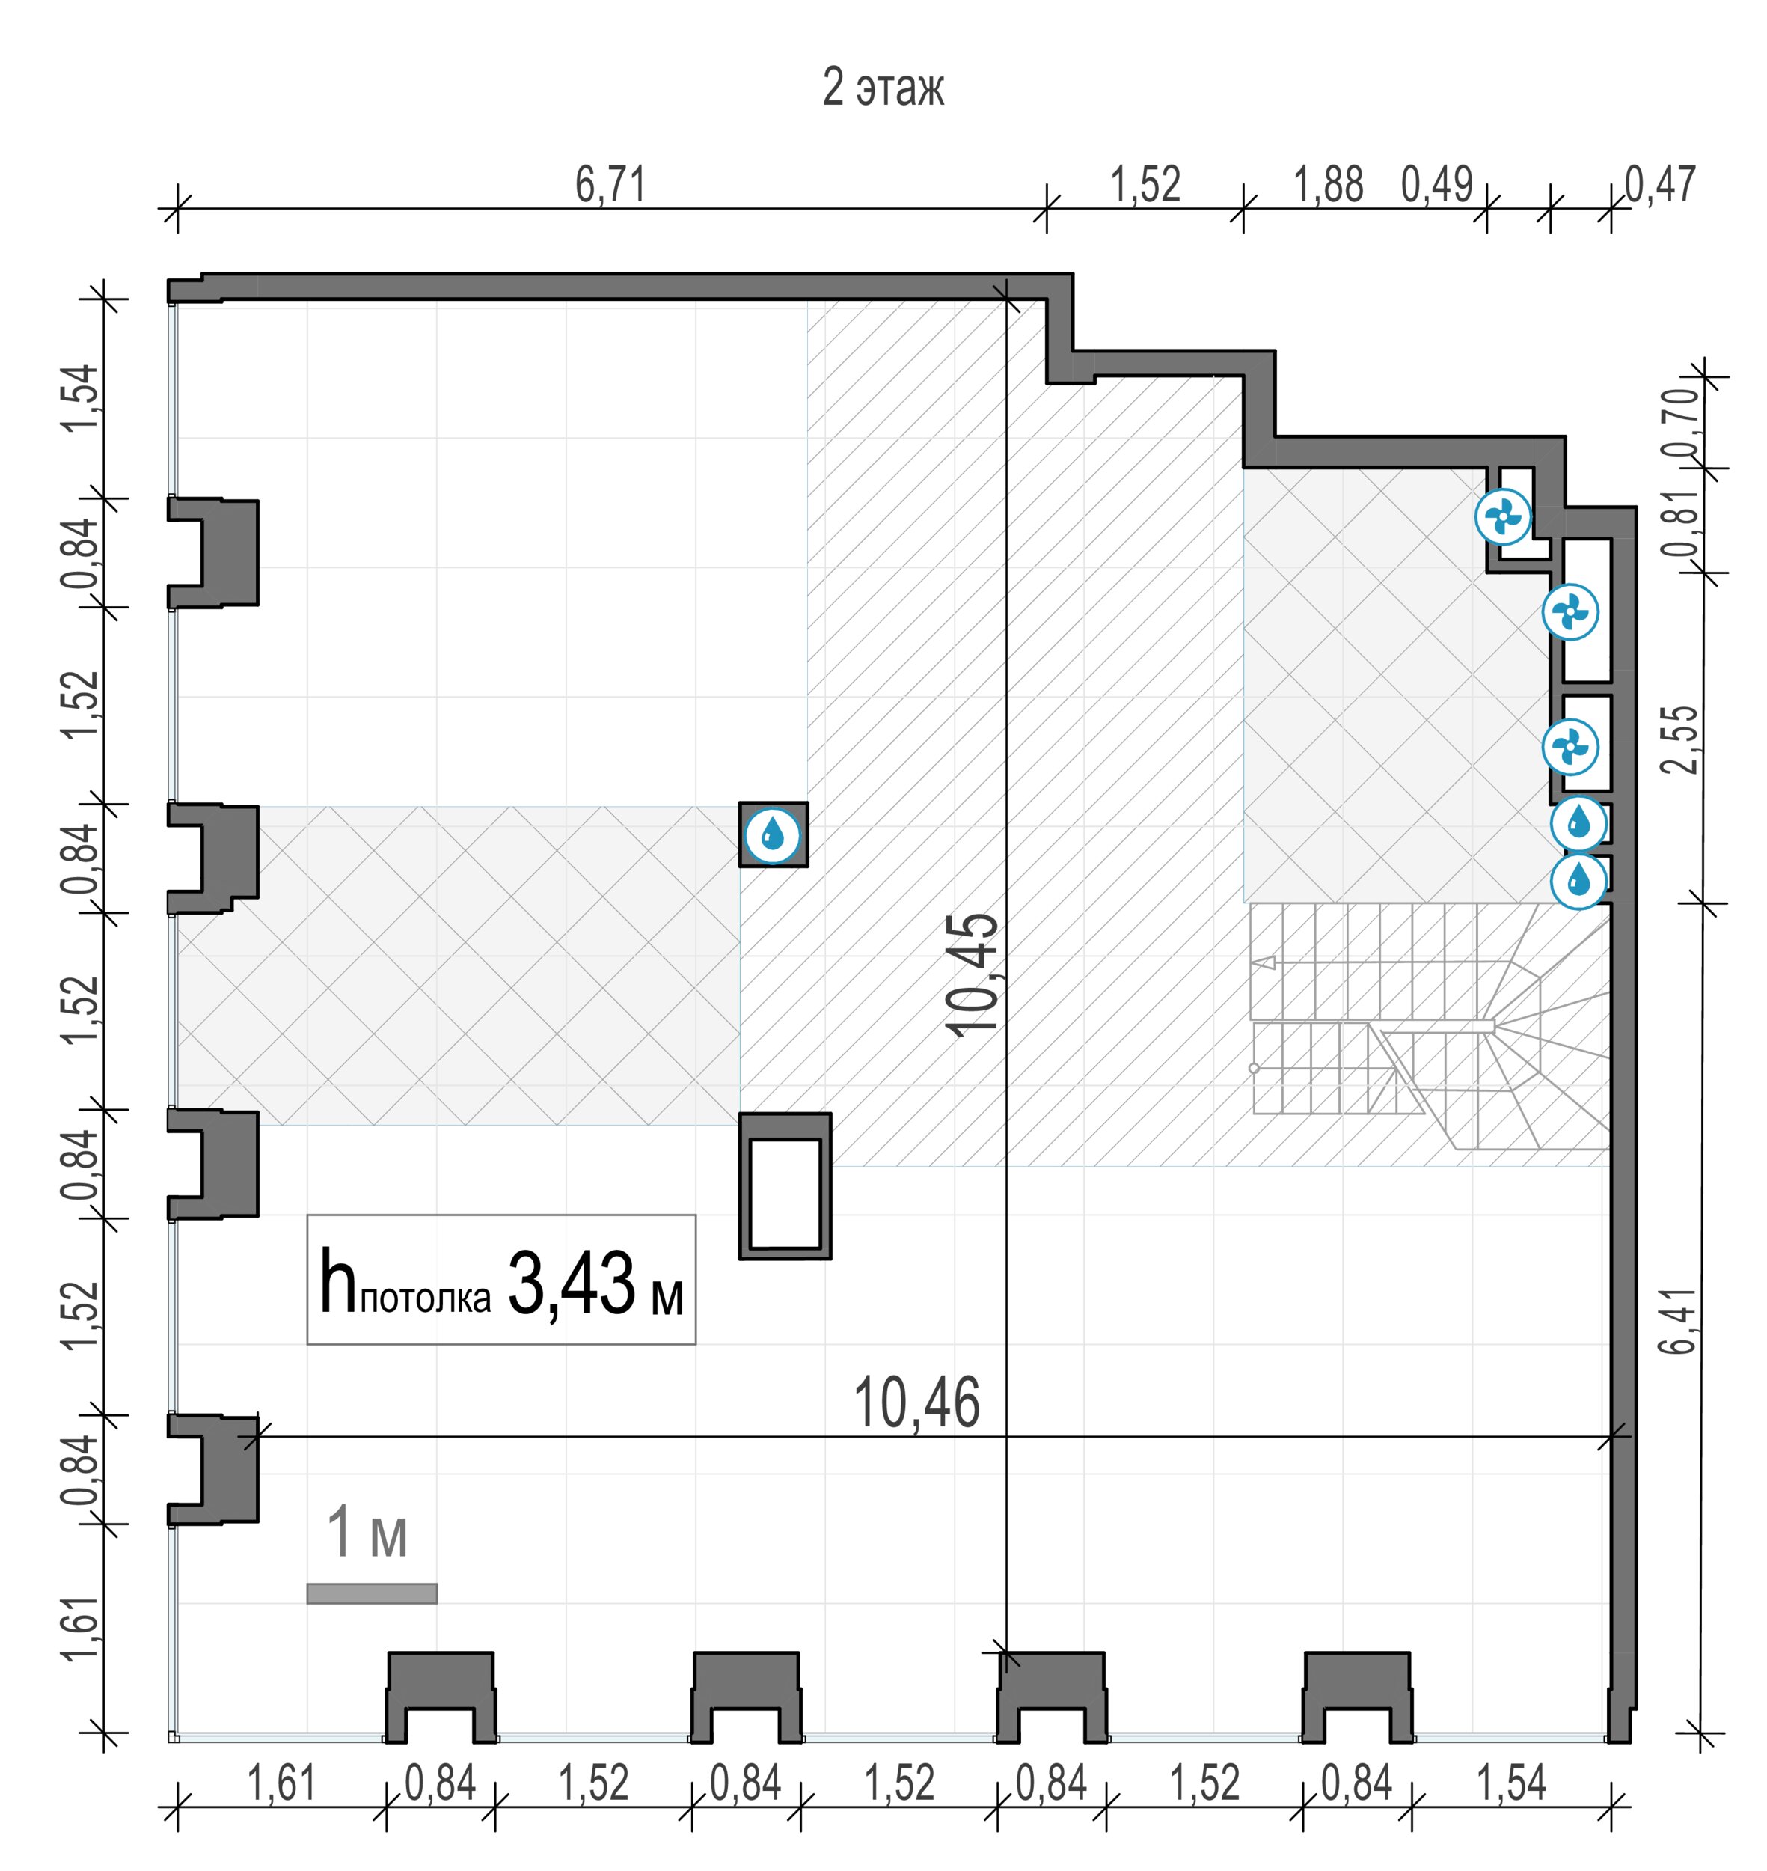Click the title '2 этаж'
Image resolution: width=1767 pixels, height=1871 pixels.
[x=883, y=88]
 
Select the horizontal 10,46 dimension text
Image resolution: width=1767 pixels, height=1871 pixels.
[x=916, y=1403]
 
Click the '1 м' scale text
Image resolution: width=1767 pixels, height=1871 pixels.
[x=367, y=1533]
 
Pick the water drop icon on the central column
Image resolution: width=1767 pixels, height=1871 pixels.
[x=772, y=834]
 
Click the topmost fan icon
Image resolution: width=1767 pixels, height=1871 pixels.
[x=1503, y=516]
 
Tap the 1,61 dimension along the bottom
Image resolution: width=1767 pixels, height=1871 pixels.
[x=281, y=1783]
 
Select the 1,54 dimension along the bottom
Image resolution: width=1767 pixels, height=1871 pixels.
[x=1511, y=1783]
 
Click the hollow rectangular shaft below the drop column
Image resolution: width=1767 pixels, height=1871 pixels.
[x=785, y=1186]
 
